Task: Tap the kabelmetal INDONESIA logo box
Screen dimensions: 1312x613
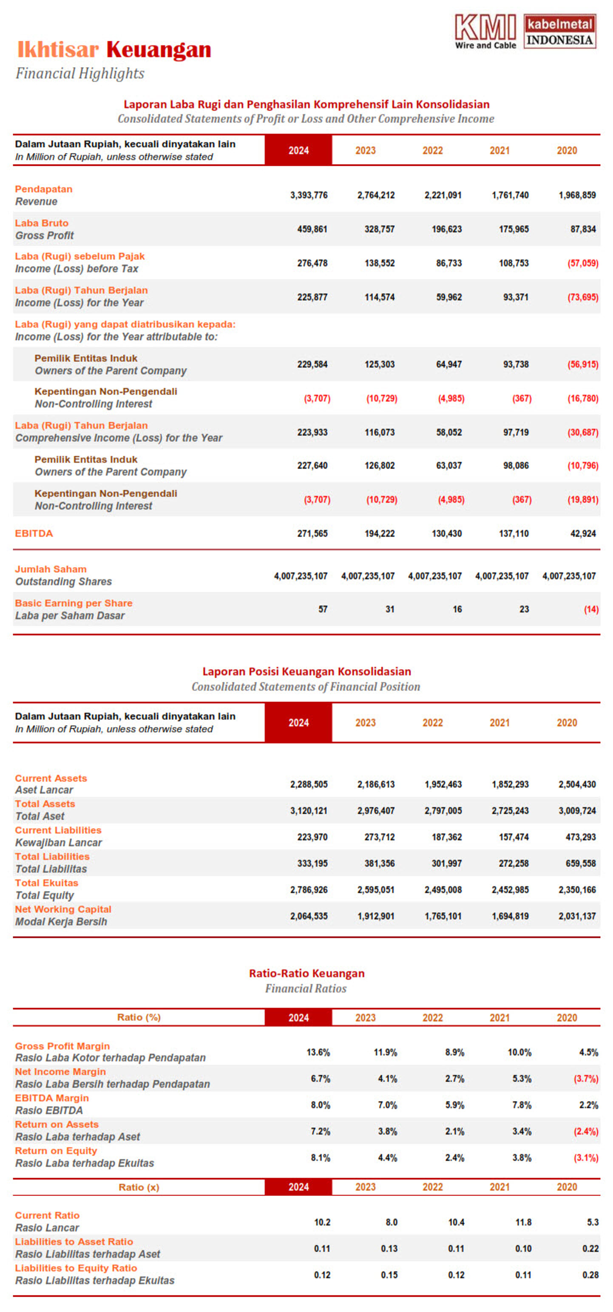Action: tap(559, 31)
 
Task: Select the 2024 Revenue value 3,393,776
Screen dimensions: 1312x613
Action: tap(309, 195)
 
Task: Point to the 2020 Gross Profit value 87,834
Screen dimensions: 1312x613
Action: tap(582, 229)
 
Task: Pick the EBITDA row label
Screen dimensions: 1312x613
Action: tap(34, 533)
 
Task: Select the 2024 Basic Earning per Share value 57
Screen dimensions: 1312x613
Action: tap(322, 609)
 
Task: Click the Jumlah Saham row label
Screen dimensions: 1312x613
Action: tap(51, 569)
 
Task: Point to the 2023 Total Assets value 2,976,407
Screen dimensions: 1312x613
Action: tap(376, 811)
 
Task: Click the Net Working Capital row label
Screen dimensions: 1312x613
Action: tap(62, 909)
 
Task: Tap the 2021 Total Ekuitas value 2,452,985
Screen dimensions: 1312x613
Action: tap(510, 890)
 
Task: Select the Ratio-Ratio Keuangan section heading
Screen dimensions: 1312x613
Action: tap(306, 973)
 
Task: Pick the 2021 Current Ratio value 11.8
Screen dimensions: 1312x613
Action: tap(523, 1222)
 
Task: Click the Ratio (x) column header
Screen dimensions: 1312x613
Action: tap(139, 1187)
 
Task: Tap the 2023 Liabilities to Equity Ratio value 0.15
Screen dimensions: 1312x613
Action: tap(389, 1275)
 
